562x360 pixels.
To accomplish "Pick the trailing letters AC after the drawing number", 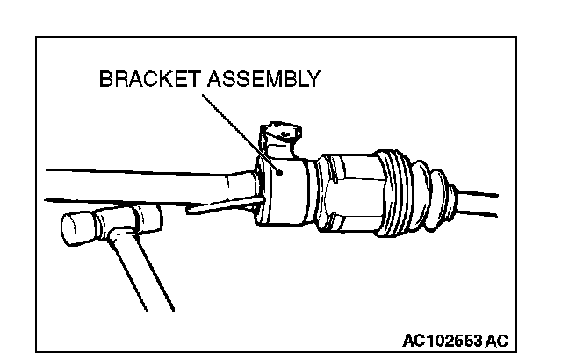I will [497, 339].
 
